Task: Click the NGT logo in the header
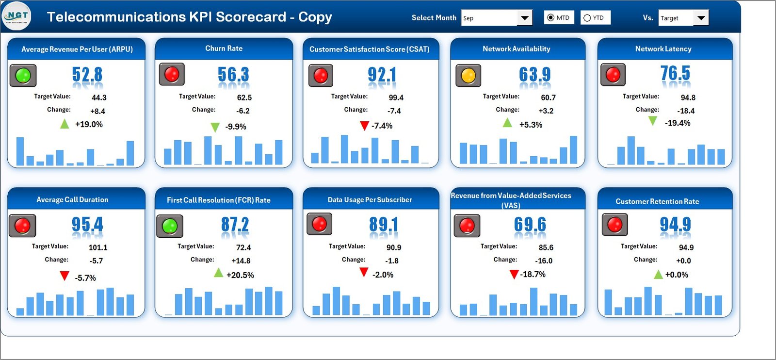(x=17, y=16)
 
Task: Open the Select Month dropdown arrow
(x=524, y=18)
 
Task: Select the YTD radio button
(x=587, y=18)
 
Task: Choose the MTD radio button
(x=550, y=18)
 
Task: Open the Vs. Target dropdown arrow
(x=701, y=18)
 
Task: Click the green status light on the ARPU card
(x=23, y=75)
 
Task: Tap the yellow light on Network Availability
(x=468, y=76)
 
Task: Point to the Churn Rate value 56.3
(x=233, y=75)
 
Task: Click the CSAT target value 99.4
(x=396, y=98)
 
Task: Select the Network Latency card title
(x=663, y=49)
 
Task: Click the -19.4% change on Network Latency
(x=678, y=123)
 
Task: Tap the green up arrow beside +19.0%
(x=65, y=124)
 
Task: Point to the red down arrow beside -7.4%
(x=364, y=126)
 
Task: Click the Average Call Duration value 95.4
(x=87, y=224)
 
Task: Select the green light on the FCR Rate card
(x=170, y=226)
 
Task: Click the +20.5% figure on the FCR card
(x=240, y=275)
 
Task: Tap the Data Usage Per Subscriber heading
(x=370, y=200)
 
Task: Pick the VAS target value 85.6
(x=546, y=247)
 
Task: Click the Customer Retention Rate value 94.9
(x=675, y=224)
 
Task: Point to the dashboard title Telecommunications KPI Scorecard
(x=189, y=17)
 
